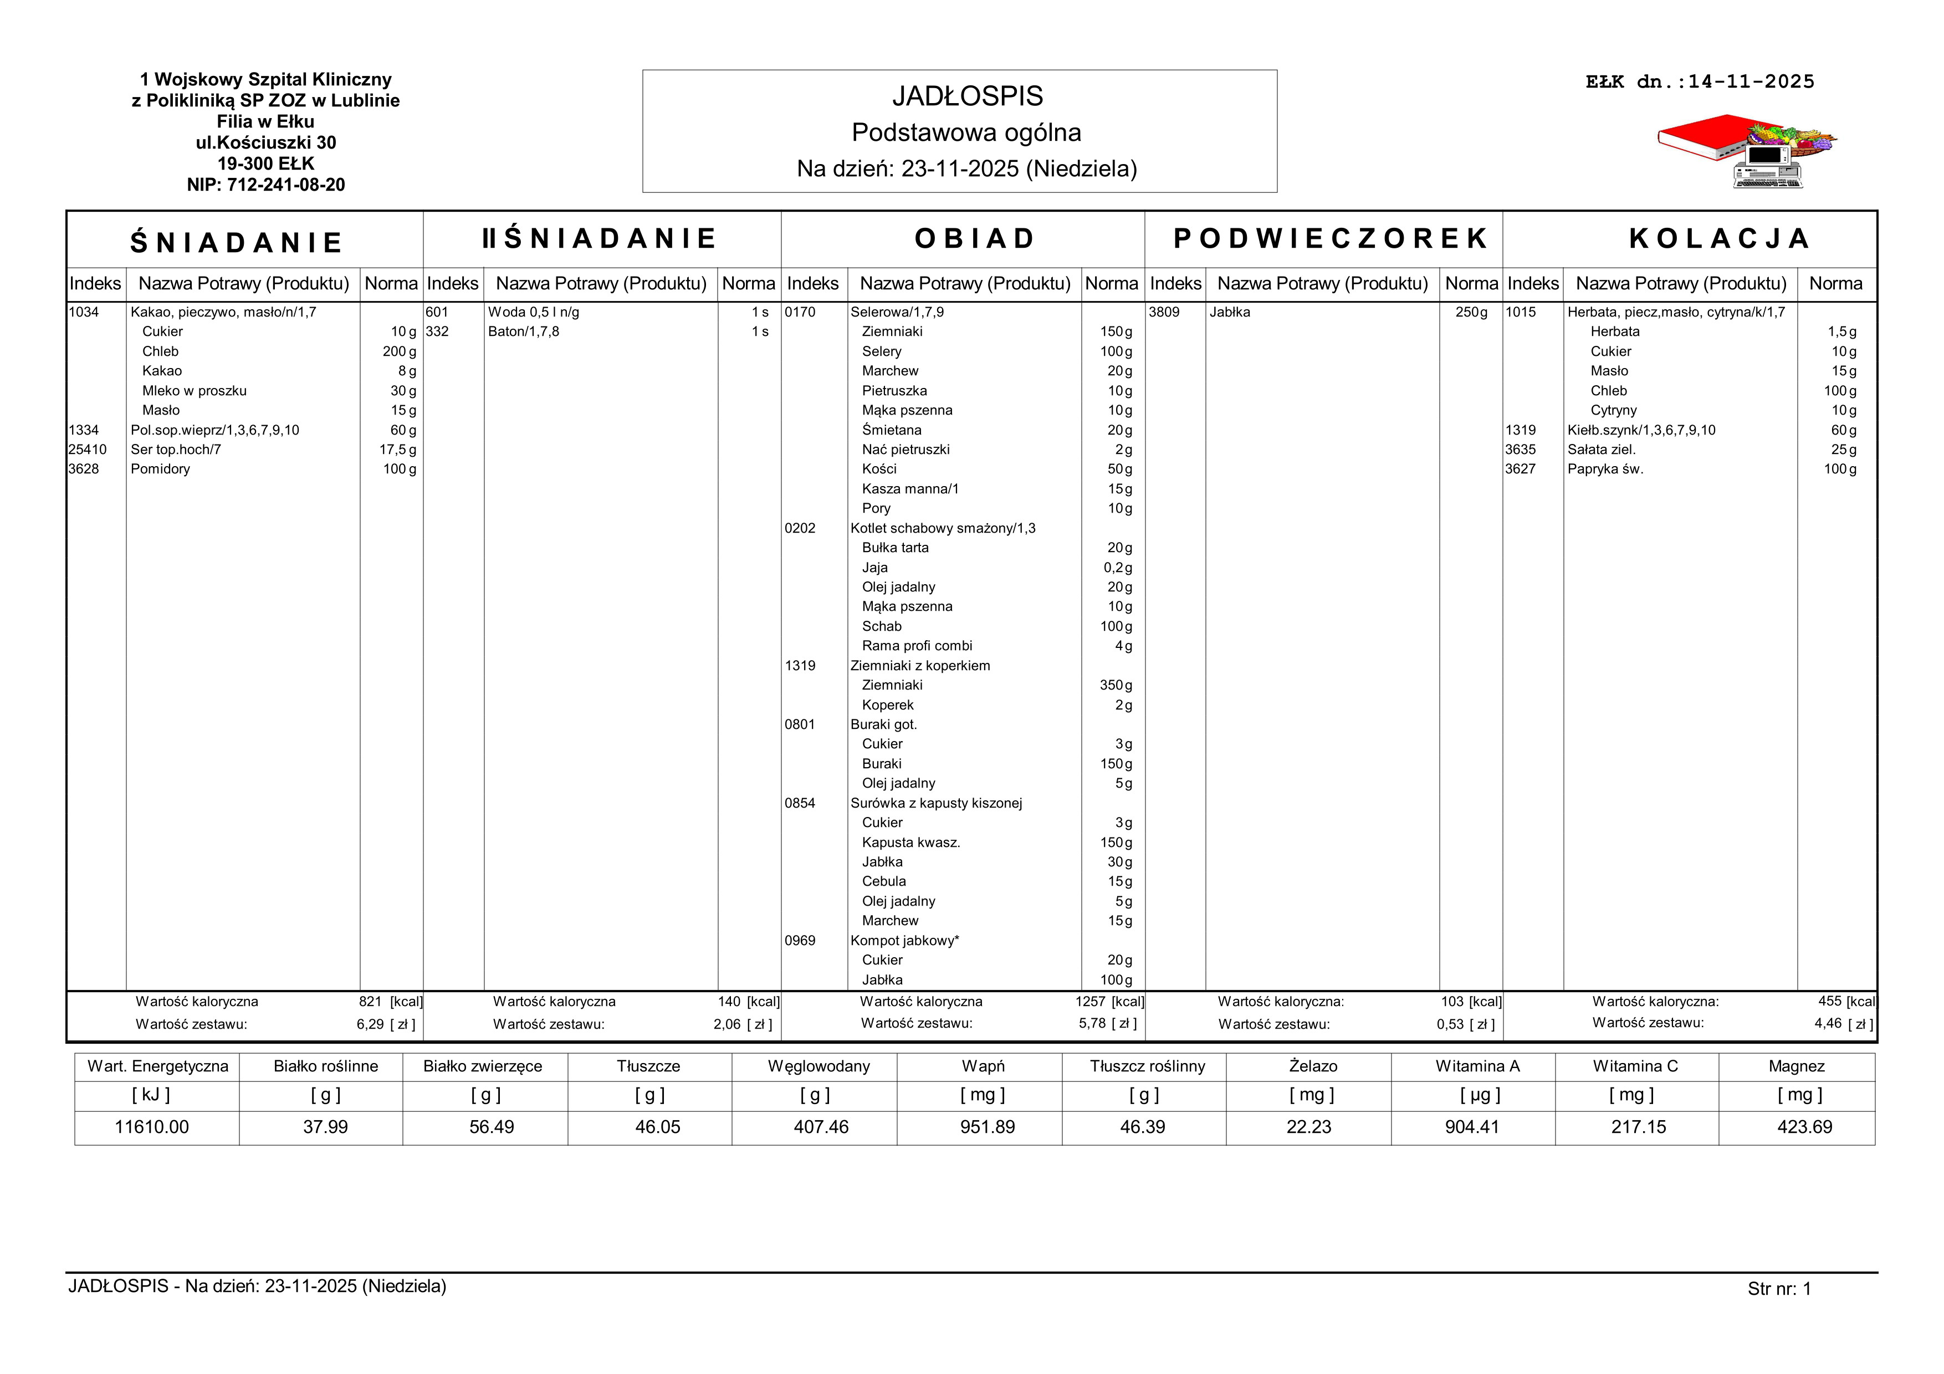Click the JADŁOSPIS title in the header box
pyautogui.click(x=967, y=96)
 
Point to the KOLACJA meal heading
pyautogui.click(x=1719, y=239)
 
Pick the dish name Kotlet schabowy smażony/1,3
pyautogui.click(x=943, y=528)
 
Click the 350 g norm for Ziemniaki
pyautogui.click(x=1115, y=685)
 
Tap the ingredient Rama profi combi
pyautogui.click(x=917, y=646)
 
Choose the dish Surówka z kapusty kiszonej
pyautogui.click(x=935, y=803)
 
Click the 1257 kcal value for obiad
pyautogui.click(x=1091, y=1002)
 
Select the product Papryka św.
pyautogui.click(x=1604, y=469)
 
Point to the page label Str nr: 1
pyautogui.click(x=1779, y=1289)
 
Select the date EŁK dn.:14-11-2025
pyautogui.click(x=1700, y=82)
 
